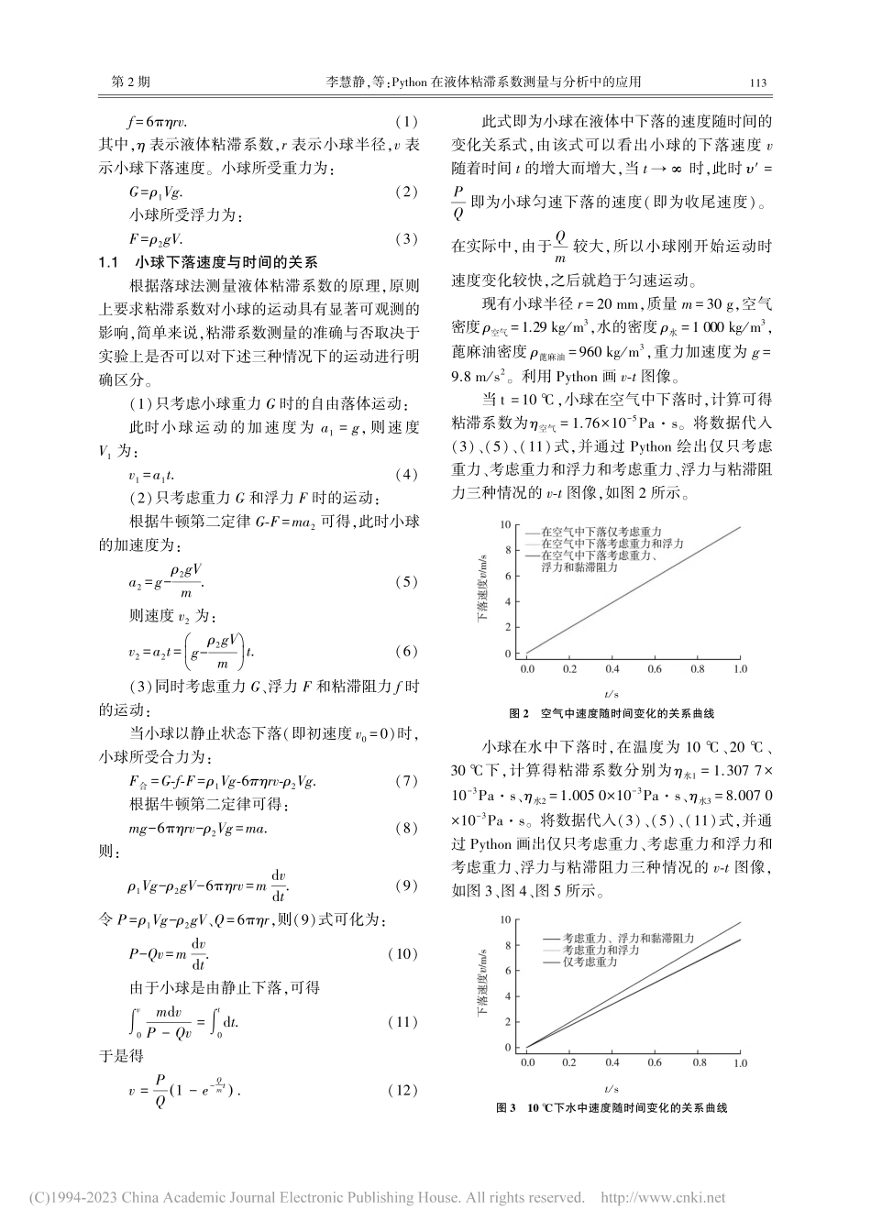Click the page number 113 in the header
[757, 82]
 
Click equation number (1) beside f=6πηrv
[405, 121]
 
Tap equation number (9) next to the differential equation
[405, 885]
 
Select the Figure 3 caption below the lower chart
[611, 1107]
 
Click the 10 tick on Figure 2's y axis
[505, 525]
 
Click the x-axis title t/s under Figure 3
[612, 1087]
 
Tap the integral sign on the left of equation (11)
[134, 1022]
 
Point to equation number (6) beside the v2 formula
[405, 652]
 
